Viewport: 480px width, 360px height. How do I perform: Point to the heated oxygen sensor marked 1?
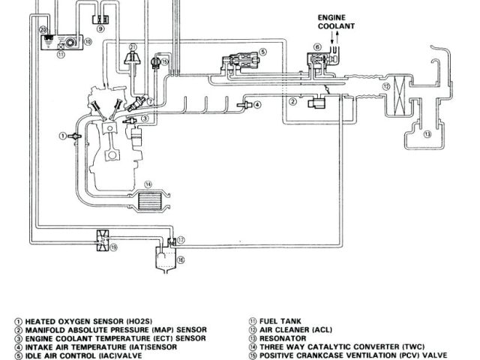pyautogui.click(x=73, y=136)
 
